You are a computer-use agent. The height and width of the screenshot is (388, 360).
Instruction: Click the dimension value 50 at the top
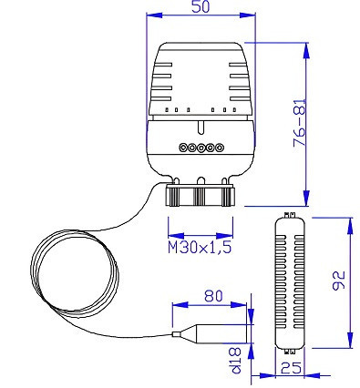(201, 6)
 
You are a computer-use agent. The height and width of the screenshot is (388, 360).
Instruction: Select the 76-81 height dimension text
(300, 123)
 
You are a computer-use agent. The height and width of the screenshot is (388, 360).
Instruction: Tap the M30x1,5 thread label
(200, 248)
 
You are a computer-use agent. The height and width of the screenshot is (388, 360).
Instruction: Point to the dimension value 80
(213, 296)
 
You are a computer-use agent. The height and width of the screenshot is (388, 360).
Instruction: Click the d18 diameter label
(236, 360)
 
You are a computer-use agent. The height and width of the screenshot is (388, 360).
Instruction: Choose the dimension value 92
(338, 280)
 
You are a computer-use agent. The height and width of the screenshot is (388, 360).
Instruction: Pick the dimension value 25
(292, 368)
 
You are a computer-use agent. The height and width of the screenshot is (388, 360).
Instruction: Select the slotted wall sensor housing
(289, 283)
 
